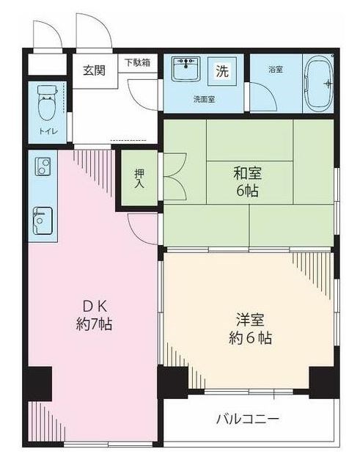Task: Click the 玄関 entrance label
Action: [93, 71]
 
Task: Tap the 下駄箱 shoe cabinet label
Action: [136, 62]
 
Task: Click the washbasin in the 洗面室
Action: [186, 70]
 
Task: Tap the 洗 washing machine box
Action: [221, 71]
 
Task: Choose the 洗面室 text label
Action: [204, 98]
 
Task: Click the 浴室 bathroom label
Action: [276, 70]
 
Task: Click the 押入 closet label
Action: [139, 178]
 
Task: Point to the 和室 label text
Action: [248, 174]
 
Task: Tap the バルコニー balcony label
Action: [247, 420]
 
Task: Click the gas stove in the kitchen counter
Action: [41, 171]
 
